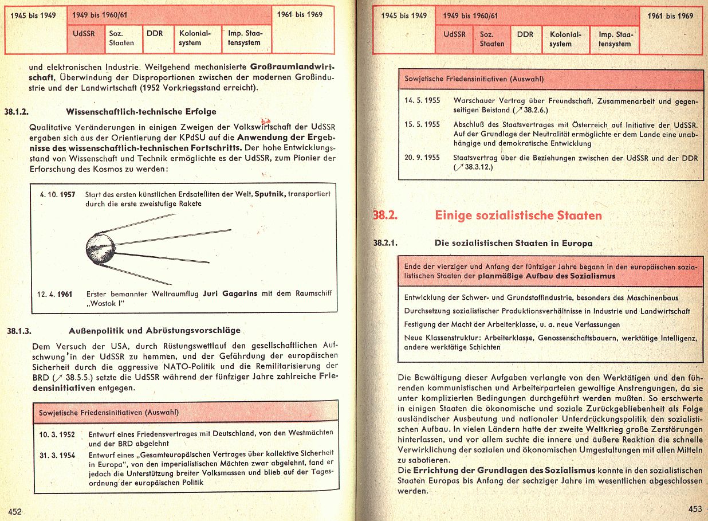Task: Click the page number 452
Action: [x=14, y=512]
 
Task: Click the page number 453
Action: [x=694, y=508]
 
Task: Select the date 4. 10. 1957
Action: [x=58, y=194]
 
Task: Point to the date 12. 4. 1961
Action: [x=55, y=294]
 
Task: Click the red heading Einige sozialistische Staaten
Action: [x=518, y=216]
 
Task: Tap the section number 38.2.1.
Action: [x=386, y=243]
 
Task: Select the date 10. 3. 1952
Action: [x=57, y=434]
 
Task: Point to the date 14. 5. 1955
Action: [x=422, y=101]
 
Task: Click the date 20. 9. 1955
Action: [x=422, y=157]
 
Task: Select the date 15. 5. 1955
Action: [x=422, y=124]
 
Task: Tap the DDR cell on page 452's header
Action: [x=155, y=34]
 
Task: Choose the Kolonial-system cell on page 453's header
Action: [x=565, y=39]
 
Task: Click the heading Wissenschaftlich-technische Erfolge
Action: [x=141, y=111]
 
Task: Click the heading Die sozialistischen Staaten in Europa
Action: [x=513, y=243]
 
